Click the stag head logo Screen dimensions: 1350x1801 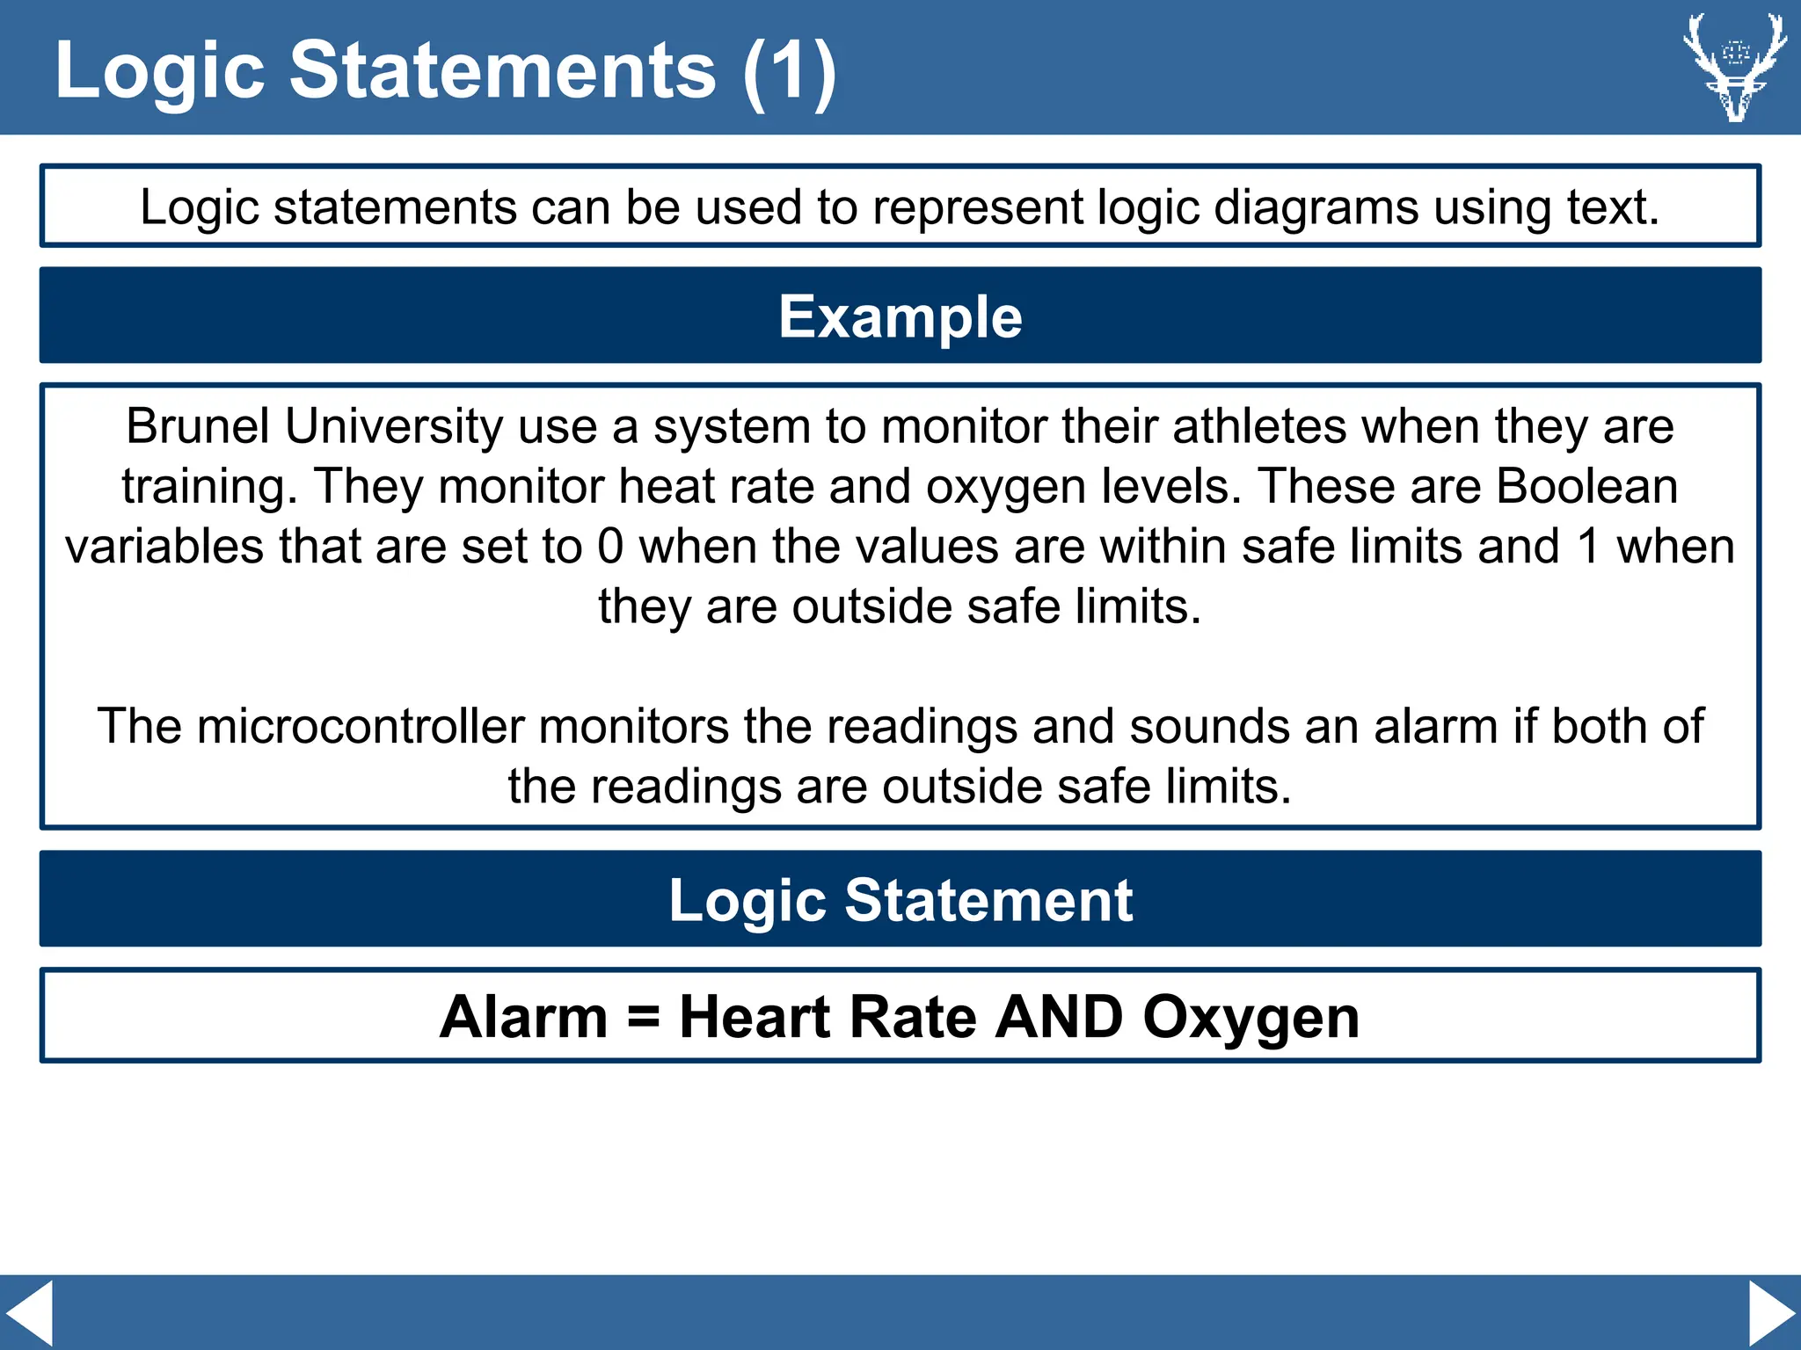(1734, 67)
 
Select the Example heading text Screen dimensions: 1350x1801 (900, 316)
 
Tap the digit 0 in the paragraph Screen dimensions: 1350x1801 (610, 547)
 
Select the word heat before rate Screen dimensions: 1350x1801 (667, 486)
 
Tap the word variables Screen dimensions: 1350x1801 (164, 547)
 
